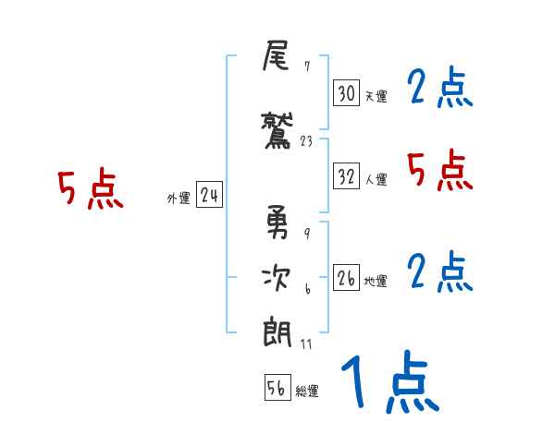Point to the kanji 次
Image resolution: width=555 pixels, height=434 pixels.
pyautogui.click(x=277, y=276)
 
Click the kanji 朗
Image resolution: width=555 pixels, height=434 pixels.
pyautogui.click(x=277, y=329)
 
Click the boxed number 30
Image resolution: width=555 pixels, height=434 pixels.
pyautogui.click(x=346, y=93)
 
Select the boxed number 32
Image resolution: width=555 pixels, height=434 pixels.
pyautogui.click(x=346, y=176)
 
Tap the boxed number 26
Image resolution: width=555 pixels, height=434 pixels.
pyautogui.click(x=346, y=279)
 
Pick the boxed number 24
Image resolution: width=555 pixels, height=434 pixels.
pyautogui.click(x=209, y=195)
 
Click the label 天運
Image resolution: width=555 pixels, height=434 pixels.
pyautogui.click(x=376, y=96)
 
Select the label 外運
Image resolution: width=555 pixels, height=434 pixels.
pyautogui.click(x=178, y=198)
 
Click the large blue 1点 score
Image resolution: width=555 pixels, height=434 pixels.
pyautogui.click(x=388, y=383)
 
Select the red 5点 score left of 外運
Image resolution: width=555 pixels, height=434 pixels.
pyautogui.click(x=90, y=190)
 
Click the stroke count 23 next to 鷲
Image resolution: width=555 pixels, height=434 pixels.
pyautogui.click(x=308, y=141)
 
